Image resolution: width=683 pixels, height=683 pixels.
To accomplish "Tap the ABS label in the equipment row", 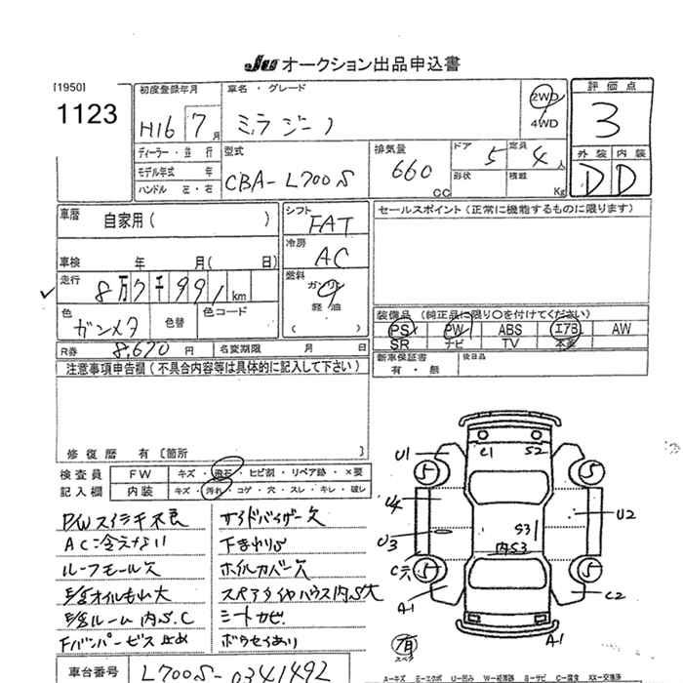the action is click(510, 330).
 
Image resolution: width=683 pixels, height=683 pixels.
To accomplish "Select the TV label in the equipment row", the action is click(510, 343).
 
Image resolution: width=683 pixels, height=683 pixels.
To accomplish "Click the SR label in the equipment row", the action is click(399, 344).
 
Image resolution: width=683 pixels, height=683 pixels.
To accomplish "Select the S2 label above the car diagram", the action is click(533, 452).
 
